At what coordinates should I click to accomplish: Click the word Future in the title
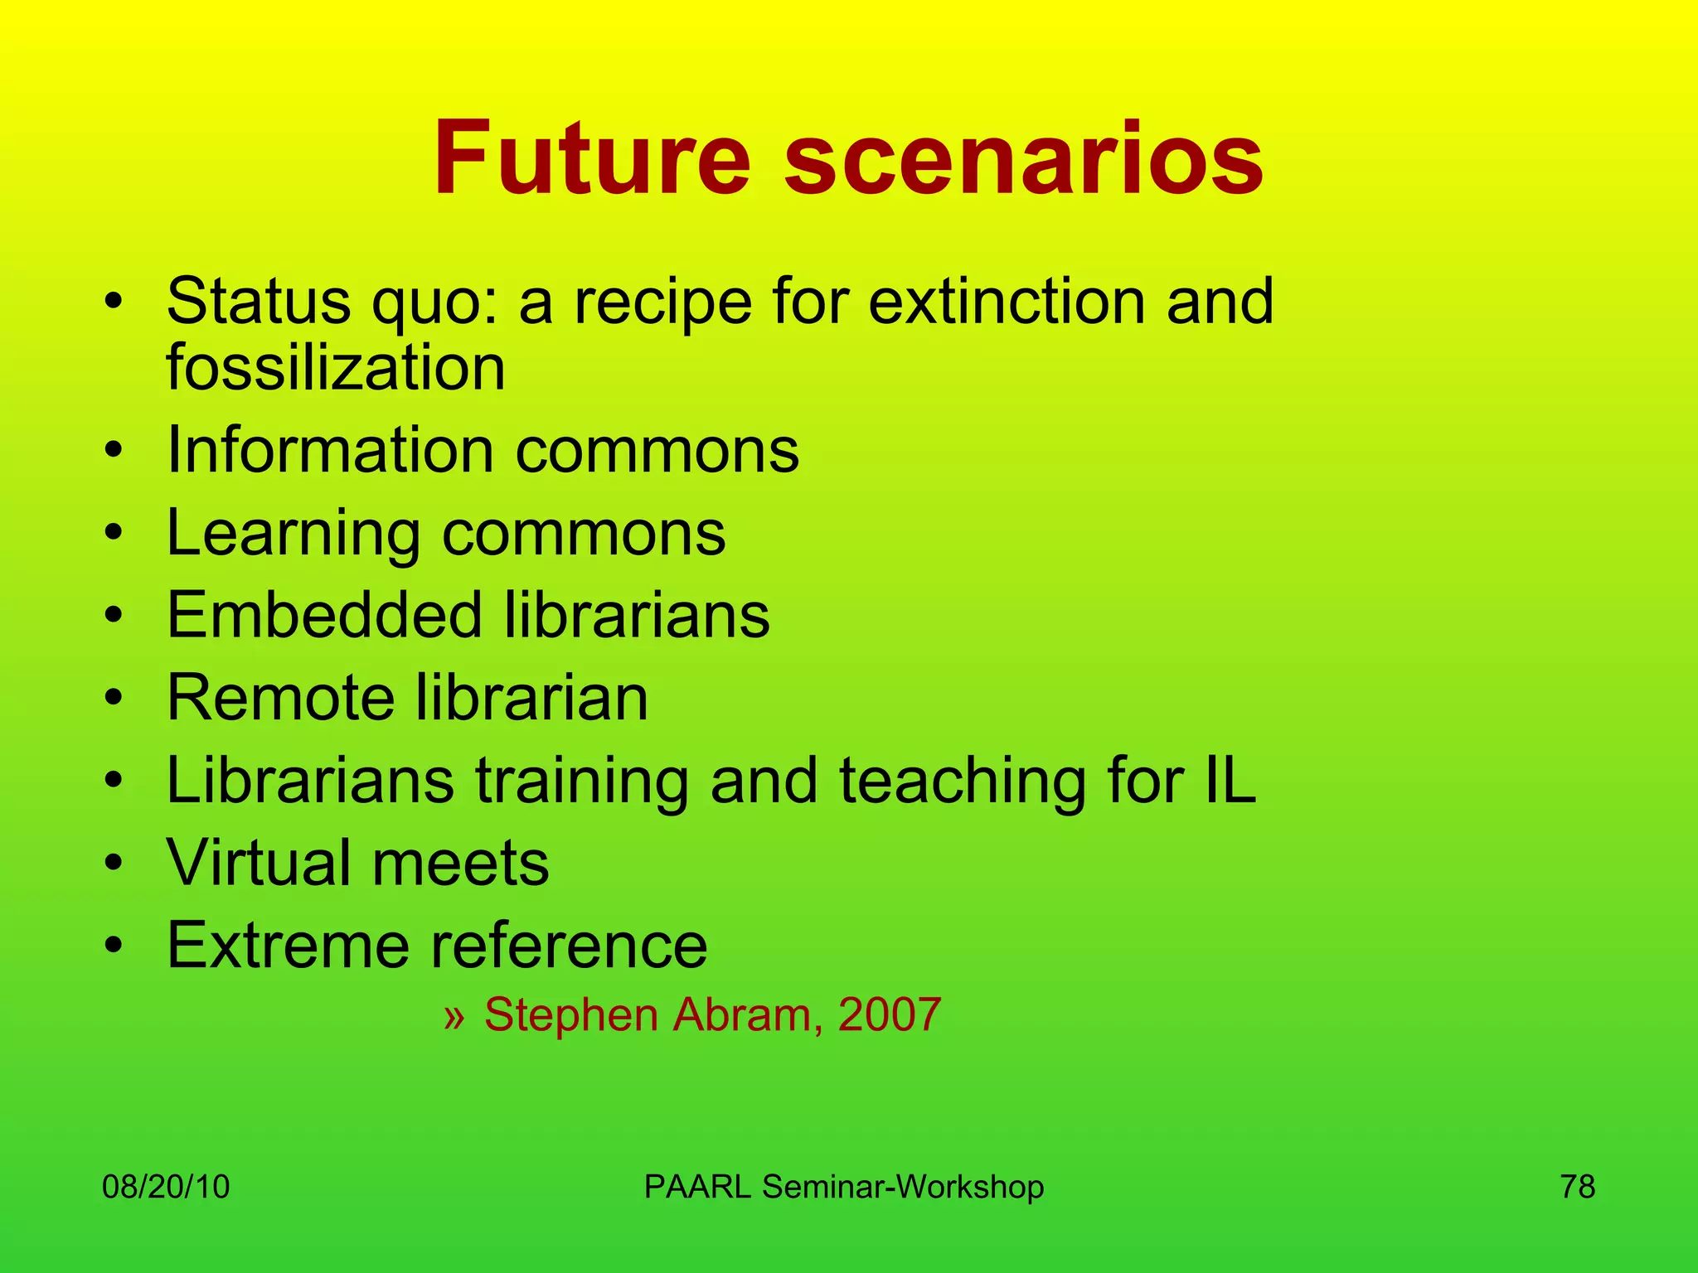(592, 158)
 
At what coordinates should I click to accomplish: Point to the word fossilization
(336, 368)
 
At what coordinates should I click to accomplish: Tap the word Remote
(280, 698)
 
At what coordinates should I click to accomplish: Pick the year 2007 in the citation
(890, 1014)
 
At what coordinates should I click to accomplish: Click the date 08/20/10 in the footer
(166, 1187)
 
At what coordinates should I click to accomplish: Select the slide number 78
(1578, 1187)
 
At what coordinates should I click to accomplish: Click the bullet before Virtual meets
(114, 863)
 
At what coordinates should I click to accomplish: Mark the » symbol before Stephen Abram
(454, 1016)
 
